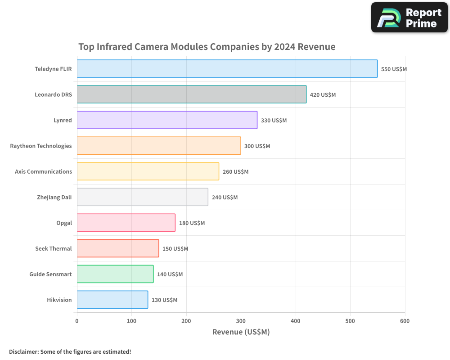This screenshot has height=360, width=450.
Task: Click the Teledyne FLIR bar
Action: (227, 69)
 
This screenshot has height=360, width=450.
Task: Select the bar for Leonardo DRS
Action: (192, 94)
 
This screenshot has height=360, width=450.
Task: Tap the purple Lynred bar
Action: (167, 120)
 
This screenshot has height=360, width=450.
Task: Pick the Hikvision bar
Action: (112, 300)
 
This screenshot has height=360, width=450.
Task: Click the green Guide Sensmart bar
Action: (115, 274)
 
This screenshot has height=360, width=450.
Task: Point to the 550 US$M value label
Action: (394, 69)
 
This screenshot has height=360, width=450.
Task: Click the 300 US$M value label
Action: (257, 146)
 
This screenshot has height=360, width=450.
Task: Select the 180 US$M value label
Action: (192, 223)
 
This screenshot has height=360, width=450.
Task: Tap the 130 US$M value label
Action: (164, 300)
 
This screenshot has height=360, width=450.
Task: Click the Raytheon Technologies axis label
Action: (41, 146)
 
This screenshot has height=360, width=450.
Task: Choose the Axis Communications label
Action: (43, 171)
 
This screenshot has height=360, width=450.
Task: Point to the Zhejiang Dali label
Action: (54, 197)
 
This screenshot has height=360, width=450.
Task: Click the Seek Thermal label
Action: (54, 248)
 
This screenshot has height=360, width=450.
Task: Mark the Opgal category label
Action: (64, 223)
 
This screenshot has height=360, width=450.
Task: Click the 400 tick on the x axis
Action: (296, 321)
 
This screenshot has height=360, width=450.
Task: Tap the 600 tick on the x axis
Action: (405, 321)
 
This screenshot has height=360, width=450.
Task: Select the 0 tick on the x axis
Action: (77, 321)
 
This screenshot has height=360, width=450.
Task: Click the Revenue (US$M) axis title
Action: (241, 332)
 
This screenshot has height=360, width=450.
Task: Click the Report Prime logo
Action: (409, 18)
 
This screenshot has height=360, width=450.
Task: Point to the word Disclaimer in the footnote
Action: (23, 351)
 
